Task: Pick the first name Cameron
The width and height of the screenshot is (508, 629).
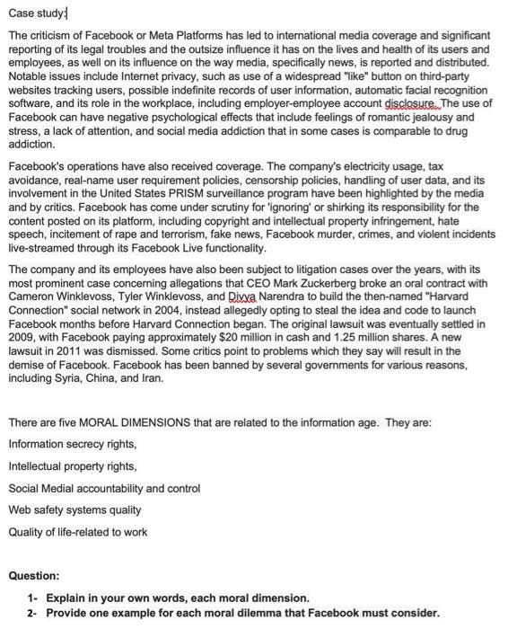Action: coord(31,296)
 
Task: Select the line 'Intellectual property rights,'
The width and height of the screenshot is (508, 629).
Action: coord(72,466)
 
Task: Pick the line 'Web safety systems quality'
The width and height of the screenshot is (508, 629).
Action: coord(74,510)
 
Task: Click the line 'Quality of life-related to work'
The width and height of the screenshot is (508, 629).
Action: coord(78,532)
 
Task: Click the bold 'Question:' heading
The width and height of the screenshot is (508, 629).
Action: coord(34,575)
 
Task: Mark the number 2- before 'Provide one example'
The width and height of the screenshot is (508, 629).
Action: coord(34,613)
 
